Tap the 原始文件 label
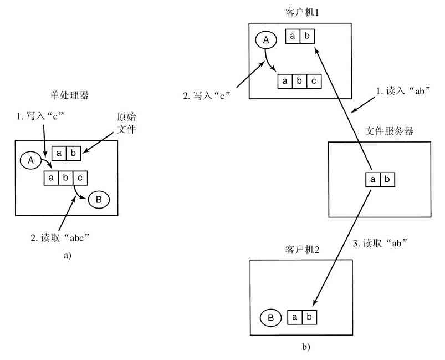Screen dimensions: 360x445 click(x=126, y=124)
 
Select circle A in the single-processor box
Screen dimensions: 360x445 click(x=31, y=160)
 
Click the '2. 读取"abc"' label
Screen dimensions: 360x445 click(x=60, y=238)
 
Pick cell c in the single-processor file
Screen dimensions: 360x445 click(x=80, y=178)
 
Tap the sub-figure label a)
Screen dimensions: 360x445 click(x=68, y=256)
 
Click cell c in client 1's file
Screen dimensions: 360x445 click(x=314, y=81)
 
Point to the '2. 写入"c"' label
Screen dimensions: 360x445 click(x=206, y=95)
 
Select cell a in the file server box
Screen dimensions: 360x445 click(x=372, y=180)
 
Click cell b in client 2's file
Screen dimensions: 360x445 click(x=310, y=317)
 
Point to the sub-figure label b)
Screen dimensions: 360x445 click(x=306, y=347)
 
